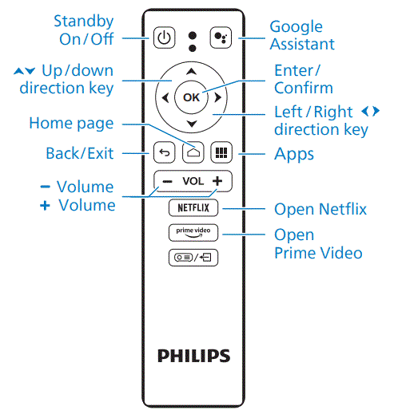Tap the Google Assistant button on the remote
click(219, 37)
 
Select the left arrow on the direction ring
click(165, 98)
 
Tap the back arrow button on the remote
click(163, 152)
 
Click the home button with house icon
click(192, 152)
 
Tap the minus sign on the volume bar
click(167, 181)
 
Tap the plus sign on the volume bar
click(217, 181)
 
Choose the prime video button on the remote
click(192, 233)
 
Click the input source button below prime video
click(192, 258)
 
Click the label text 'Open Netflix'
click(320, 210)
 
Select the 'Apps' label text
click(293, 152)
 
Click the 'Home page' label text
click(71, 124)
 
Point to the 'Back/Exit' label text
click(81, 152)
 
